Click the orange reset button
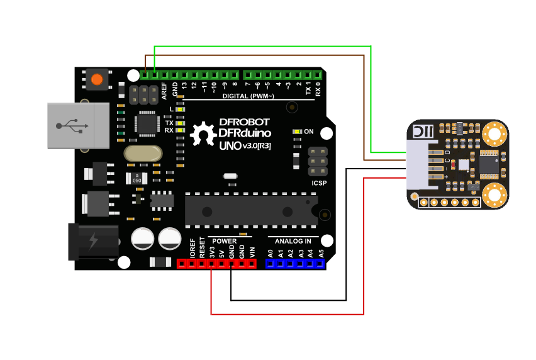[96, 80]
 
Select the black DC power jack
[92, 241]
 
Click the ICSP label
[319, 184]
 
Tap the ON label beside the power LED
[309, 132]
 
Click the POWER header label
[225, 241]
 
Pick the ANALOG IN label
[293, 241]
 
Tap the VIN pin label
[252, 252]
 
